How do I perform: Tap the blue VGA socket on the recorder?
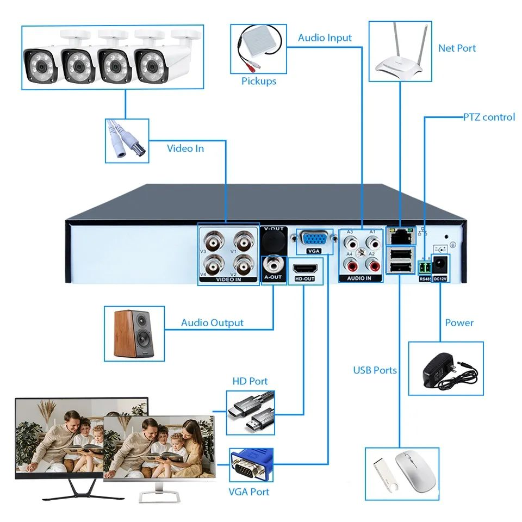tap(314, 240)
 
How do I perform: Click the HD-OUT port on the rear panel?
tap(304, 269)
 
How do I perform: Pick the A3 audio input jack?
tap(351, 241)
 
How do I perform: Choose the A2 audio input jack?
tap(373, 265)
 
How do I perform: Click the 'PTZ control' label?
tap(489, 117)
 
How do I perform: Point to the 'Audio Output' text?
tap(212, 323)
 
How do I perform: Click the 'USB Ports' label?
tap(375, 370)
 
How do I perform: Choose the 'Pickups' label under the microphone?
tap(259, 82)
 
